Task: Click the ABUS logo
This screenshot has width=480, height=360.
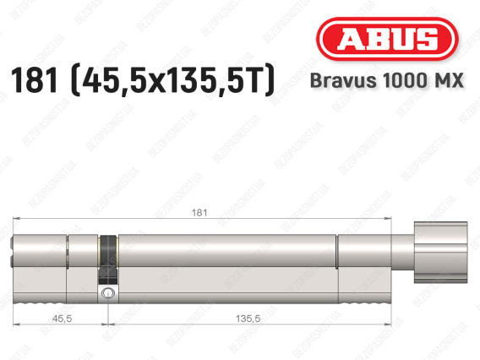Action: coord(387,39)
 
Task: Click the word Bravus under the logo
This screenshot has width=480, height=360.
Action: coord(343,81)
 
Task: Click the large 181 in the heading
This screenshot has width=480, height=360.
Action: coord(35,80)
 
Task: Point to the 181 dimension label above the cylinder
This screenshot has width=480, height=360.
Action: coord(199,212)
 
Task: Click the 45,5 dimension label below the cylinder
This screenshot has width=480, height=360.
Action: coord(62,319)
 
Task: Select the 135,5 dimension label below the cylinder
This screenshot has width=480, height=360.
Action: coord(248,319)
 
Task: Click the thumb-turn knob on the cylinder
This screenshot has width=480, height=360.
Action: coord(440,252)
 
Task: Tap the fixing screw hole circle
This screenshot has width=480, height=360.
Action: coord(107,293)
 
